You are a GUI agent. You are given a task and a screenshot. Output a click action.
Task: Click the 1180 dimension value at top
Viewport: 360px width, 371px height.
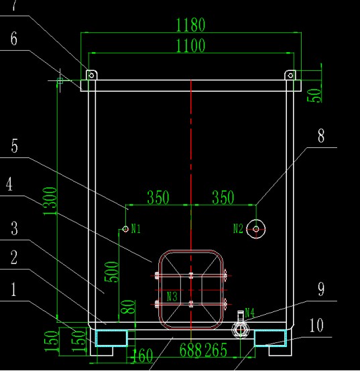click(190, 25)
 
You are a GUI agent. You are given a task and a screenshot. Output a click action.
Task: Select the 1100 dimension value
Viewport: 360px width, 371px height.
click(190, 46)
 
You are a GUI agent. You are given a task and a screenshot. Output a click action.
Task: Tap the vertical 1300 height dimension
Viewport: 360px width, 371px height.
click(50, 201)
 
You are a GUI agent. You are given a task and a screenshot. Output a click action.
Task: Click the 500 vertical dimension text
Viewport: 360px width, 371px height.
click(111, 272)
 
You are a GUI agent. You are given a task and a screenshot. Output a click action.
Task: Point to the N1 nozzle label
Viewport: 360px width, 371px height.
click(136, 229)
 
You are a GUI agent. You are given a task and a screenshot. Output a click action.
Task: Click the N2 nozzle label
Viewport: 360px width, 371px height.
click(238, 229)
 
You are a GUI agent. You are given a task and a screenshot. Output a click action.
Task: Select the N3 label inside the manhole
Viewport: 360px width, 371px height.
click(172, 297)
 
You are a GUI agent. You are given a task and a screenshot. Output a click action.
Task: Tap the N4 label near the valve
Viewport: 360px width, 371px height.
click(249, 312)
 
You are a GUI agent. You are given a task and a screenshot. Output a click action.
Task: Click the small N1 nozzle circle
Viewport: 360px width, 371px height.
click(125, 229)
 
